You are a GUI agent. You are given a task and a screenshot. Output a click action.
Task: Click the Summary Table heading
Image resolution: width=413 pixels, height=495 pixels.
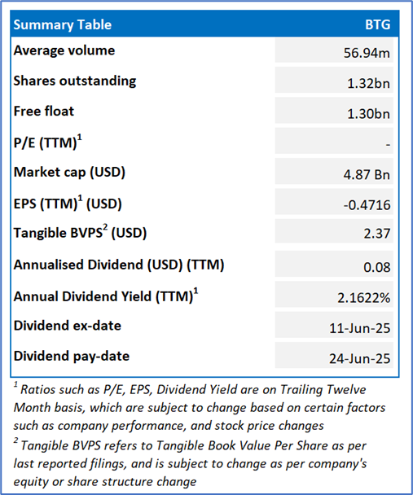pos(63,24)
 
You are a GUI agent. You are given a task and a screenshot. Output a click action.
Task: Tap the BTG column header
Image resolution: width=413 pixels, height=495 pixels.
pos(378,24)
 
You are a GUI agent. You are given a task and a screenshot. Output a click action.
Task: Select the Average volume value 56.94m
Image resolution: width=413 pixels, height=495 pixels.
pos(367,53)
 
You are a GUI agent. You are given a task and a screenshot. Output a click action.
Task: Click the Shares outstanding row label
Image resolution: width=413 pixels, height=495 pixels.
pos(75,81)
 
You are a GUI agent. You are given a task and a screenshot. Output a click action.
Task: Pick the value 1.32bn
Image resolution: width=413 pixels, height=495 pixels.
pos(369,83)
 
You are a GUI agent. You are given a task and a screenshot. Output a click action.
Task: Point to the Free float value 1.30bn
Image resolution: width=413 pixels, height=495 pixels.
pos(369,114)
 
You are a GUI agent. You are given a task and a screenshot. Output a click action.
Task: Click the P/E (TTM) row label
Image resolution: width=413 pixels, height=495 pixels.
pos(48,142)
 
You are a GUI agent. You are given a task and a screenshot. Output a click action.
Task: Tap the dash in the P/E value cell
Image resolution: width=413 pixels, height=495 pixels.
pos(388,145)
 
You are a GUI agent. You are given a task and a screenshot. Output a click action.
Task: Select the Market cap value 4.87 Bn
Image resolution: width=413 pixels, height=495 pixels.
pos(367,174)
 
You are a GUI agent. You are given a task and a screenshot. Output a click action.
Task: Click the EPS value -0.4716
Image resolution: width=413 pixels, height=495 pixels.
pos(367,205)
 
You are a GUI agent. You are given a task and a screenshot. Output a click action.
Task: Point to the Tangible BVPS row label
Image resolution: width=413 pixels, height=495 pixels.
pos(80,233)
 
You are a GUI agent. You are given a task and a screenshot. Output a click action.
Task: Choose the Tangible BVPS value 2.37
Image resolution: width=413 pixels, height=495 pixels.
pos(377,234)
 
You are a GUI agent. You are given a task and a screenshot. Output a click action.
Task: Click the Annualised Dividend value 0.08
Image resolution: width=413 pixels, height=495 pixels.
pos(377,267)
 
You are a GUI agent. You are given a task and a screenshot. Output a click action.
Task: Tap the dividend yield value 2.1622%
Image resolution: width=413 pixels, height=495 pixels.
pos(364,298)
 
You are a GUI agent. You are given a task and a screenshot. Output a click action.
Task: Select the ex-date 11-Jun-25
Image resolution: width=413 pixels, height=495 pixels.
pos(360,328)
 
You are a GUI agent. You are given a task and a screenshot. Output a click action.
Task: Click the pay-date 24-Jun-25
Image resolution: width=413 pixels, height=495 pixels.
pos(360,358)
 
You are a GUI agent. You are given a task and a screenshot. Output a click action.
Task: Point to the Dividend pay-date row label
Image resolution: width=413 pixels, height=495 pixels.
pos(72,357)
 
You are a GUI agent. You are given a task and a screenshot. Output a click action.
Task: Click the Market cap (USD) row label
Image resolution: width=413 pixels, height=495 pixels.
pos(69,173)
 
